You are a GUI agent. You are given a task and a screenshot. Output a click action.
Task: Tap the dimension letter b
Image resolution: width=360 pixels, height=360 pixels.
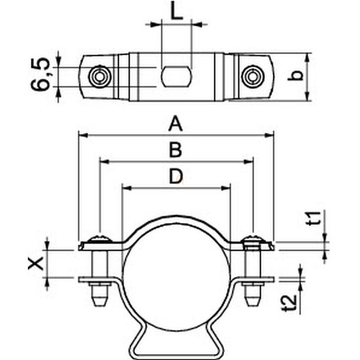296,76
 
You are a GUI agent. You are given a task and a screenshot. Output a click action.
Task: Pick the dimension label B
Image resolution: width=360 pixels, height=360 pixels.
175,150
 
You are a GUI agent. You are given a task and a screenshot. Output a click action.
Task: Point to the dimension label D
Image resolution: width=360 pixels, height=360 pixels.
176,176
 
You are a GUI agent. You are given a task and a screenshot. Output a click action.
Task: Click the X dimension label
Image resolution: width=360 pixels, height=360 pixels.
36,263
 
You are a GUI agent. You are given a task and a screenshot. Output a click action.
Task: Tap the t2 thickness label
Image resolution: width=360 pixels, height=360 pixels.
289,302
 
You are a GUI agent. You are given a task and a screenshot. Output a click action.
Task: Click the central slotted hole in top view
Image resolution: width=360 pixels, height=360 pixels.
176,76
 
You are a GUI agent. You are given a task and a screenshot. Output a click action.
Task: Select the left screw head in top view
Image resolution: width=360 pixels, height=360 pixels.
100,76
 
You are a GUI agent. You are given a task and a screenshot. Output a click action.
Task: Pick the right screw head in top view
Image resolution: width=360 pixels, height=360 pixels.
252,76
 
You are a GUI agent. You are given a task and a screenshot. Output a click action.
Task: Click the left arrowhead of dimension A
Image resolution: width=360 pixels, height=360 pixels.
83,135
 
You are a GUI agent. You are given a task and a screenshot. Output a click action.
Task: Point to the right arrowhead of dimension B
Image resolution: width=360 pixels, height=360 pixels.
248,162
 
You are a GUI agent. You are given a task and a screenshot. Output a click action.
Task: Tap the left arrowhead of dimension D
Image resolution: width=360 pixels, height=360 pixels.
127,188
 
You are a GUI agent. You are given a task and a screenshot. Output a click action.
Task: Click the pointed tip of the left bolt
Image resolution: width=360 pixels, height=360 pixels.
99,305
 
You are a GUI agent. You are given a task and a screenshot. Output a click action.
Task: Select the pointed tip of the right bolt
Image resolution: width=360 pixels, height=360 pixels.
252,305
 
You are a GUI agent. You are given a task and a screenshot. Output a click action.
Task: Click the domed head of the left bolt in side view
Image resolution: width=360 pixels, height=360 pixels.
100,239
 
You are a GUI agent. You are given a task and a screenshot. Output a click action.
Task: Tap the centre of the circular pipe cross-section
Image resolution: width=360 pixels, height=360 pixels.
176,278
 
